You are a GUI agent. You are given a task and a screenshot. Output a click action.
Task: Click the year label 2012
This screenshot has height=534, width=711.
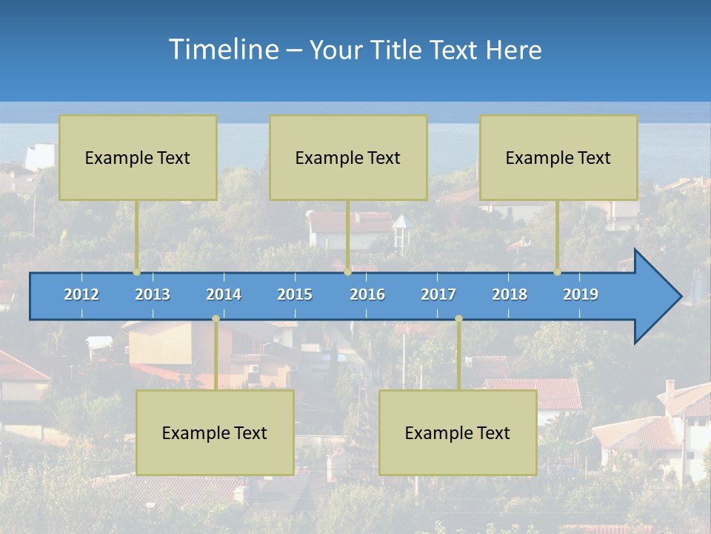[81, 294]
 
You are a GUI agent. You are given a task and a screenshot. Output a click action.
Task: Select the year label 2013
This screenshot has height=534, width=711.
[153, 294]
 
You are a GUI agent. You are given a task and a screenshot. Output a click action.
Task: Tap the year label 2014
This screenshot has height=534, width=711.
[224, 294]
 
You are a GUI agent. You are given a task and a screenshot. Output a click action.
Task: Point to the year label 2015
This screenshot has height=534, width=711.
[295, 294]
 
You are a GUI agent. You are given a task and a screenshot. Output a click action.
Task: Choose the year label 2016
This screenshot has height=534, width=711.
[367, 294]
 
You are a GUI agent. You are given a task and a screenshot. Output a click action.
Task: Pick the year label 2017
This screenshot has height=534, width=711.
[438, 294]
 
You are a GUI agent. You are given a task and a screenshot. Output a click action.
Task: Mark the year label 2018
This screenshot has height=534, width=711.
[510, 294]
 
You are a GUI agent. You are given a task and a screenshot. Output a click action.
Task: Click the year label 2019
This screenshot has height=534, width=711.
[581, 294]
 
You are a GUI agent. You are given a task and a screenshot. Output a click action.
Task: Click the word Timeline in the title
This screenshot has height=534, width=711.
[222, 49]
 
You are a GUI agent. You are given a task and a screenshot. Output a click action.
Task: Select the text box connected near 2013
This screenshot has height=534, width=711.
[138, 157]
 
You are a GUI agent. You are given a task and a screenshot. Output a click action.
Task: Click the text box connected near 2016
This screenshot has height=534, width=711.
[348, 157]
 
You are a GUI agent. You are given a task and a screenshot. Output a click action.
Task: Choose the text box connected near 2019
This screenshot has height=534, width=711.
[558, 157]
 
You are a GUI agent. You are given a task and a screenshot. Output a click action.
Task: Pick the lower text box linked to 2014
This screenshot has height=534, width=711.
[215, 432]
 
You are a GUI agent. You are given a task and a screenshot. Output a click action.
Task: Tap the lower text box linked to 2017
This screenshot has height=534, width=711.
[458, 432]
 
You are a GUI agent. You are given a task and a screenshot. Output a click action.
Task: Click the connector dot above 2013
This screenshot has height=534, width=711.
[137, 272]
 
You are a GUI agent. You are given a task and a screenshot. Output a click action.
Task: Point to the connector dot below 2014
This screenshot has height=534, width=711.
[216, 319]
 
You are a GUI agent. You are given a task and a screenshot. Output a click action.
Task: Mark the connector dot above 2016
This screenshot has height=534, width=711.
[347, 272]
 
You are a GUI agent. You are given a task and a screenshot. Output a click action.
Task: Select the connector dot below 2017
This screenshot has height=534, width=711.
[458, 319]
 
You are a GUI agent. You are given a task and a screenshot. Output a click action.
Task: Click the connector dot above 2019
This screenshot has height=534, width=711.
[558, 272]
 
